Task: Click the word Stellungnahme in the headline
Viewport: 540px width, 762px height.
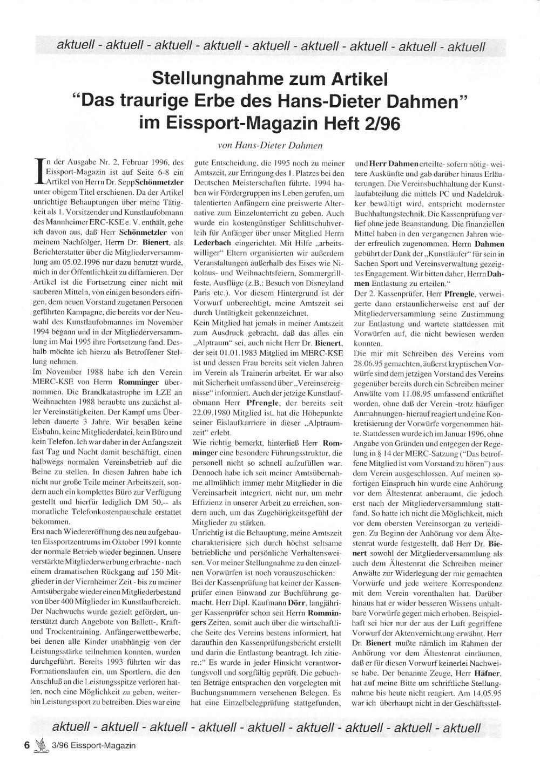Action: (x=208, y=80)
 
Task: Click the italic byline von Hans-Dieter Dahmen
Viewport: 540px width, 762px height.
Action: (x=269, y=145)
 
